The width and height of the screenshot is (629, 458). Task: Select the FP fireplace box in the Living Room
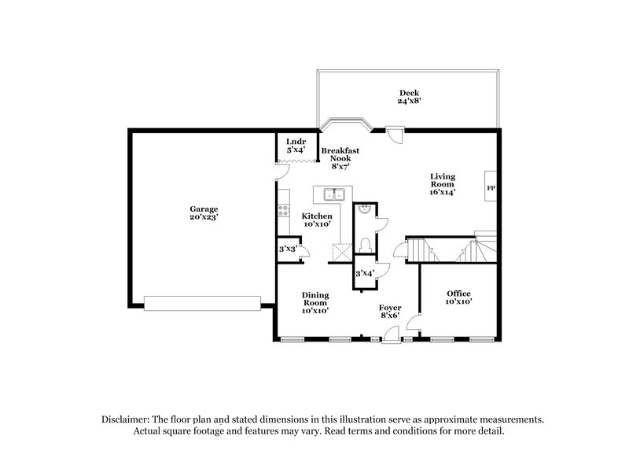[x=491, y=189]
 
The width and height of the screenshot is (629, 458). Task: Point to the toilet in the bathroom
[x=364, y=245]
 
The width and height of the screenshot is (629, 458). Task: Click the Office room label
[x=458, y=297]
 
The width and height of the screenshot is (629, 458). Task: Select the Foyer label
[x=389, y=311]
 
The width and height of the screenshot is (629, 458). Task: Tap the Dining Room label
[x=314, y=301]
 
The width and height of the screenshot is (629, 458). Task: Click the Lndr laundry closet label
[x=296, y=146]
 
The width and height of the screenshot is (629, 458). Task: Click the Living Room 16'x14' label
[x=442, y=183]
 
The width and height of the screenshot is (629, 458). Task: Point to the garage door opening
[x=203, y=300]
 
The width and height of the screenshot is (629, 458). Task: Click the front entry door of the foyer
[x=389, y=338]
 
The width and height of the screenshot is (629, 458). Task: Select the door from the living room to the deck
[x=398, y=135]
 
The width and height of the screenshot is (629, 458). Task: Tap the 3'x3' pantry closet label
[x=288, y=249]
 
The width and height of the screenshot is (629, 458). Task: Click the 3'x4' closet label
[x=364, y=273]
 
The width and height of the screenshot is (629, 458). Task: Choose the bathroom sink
[x=363, y=210]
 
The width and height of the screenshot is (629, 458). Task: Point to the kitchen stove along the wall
[x=281, y=210]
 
